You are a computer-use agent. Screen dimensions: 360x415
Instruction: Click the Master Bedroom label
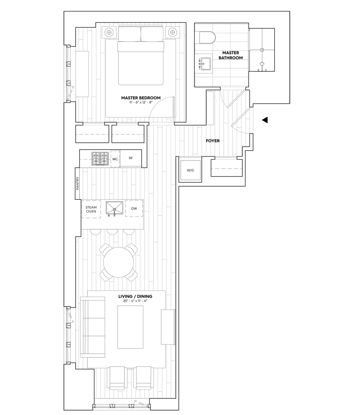(141, 98)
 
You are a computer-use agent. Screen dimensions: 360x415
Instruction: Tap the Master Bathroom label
(232, 56)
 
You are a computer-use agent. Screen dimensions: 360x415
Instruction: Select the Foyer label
(213, 141)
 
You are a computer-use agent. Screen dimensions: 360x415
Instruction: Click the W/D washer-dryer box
(190, 170)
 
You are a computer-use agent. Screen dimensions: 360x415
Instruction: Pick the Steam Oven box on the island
(91, 209)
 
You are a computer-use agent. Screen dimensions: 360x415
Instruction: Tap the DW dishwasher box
(134, 208)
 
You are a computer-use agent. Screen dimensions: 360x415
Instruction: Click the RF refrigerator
(131, 158)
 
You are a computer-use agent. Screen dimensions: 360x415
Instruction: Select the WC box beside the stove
(115, 159)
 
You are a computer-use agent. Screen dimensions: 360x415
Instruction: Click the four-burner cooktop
(100, 159)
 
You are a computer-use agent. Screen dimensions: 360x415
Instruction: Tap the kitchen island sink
(113, 208)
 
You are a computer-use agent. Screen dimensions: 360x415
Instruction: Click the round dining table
(119, 263)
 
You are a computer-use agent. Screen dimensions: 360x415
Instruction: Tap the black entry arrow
(264, 120)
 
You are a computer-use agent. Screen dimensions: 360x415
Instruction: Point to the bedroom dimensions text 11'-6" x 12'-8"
(141, 103)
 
